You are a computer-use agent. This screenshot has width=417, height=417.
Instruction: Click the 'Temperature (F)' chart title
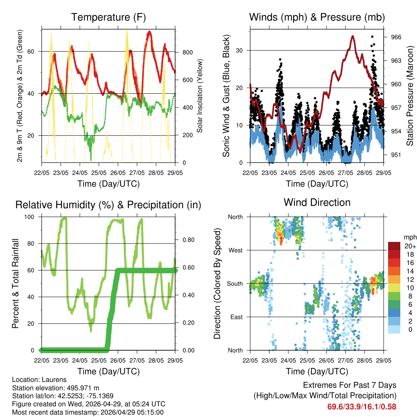(108, 18)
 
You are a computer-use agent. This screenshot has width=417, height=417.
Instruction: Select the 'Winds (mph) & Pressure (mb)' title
(317, 18)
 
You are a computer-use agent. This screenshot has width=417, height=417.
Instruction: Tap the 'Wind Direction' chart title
(317, 202)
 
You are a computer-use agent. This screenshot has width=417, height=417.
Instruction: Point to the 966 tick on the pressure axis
(396, 37)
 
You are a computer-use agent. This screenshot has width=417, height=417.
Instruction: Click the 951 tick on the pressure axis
(396, 155)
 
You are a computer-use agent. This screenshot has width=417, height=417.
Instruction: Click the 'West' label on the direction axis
(235, 250)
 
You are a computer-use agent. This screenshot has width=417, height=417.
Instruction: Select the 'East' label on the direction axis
(236, 317)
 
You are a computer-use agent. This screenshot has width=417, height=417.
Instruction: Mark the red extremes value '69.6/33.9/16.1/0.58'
(362, 406)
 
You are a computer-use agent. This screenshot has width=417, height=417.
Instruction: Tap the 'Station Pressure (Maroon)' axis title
(410, 96)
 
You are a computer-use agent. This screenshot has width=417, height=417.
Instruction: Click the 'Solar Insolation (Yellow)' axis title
(200, 96)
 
